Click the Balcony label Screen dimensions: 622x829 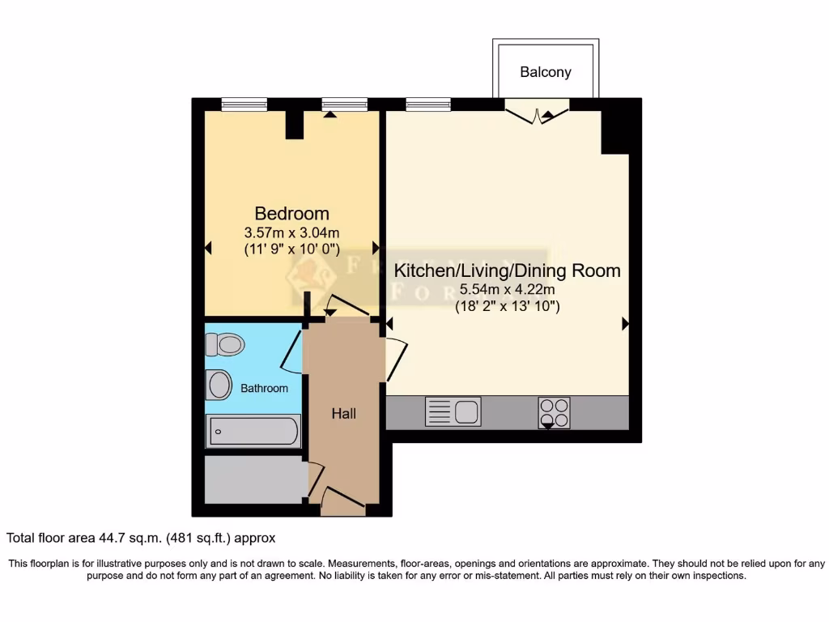click(x=545, y=72)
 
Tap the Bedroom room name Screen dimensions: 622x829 click(x=291, y=214)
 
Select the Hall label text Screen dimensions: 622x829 click(x=343, y=414)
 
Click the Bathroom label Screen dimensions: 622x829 click(x=264, y=388)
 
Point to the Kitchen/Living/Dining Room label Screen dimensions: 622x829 click(x=507, y=271)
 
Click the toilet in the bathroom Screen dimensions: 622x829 click(x=225, y=346)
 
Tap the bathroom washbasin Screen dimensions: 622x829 click(x=219, y=384)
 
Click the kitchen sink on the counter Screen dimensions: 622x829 click(x=453, y=412)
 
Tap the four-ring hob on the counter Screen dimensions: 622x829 click(x=554, y=412)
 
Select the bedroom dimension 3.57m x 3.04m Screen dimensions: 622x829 click(x=291, y=232)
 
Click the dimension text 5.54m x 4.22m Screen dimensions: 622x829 click(x=507, y=290)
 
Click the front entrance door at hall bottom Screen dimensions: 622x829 click(x=342, y=501)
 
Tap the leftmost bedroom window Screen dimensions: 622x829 click(x=244, y=104)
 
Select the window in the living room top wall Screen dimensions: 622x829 click(x=428, y=104)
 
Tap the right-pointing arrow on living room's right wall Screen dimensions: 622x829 click(x=625, y=324)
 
